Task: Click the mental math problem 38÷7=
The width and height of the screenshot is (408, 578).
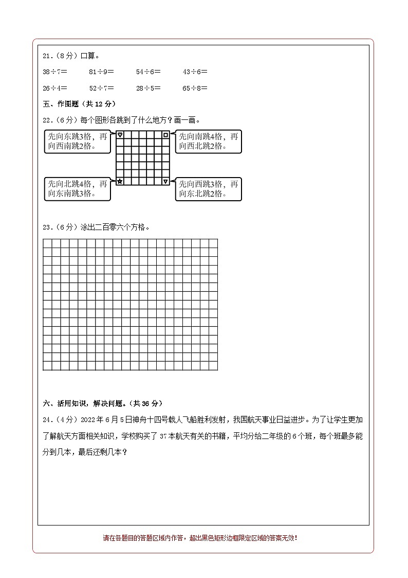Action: pos(55,72)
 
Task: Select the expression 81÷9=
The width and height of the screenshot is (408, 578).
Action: pos(101,72)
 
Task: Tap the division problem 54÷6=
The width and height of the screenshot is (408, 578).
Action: pos(149,72)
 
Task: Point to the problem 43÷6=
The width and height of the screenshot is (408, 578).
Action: pos(195,72)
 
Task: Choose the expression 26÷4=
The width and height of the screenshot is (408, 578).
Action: pos(55,88)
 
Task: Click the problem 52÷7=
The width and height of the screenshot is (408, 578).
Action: pos(101,88)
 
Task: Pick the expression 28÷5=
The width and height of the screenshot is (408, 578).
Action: pos(149,88)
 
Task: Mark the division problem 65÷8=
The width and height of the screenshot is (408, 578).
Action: pos(195,88)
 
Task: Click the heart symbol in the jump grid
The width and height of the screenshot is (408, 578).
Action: pos(120,135)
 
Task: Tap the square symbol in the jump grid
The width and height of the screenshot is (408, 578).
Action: pos(165,135)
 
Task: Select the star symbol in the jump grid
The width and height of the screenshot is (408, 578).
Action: pos(120,181)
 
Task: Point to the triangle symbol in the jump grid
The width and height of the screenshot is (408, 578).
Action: pos(165,181)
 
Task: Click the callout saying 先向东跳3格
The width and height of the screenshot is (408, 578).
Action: pos(78,142)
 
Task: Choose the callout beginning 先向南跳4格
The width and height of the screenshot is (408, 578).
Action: pos(208,142)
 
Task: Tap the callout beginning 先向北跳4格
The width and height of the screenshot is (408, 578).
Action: pos(78,188)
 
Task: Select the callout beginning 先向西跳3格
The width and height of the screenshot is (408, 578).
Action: pos(208,188)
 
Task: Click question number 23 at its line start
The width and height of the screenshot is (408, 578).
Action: pos(48,227)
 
